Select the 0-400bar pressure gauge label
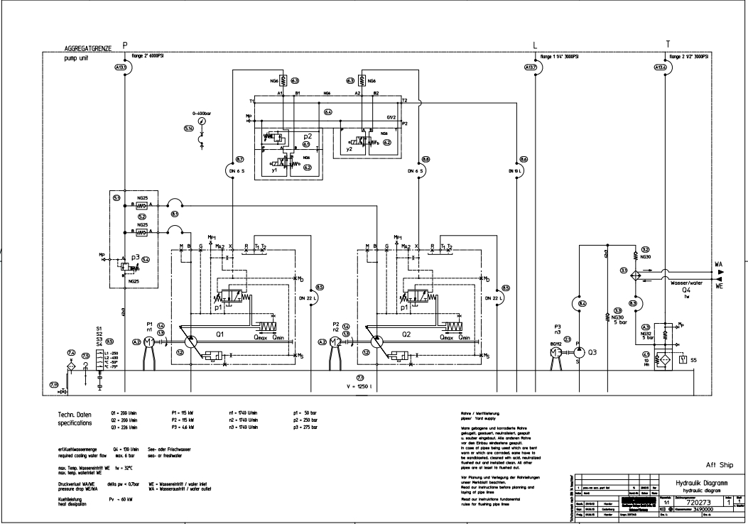click(x=202, y=114)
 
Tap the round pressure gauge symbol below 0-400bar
click(x=202, y=122)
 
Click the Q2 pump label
click(x=406, y=332)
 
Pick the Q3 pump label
click(x=593, y=351)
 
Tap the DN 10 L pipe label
click(x=516, y=171)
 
